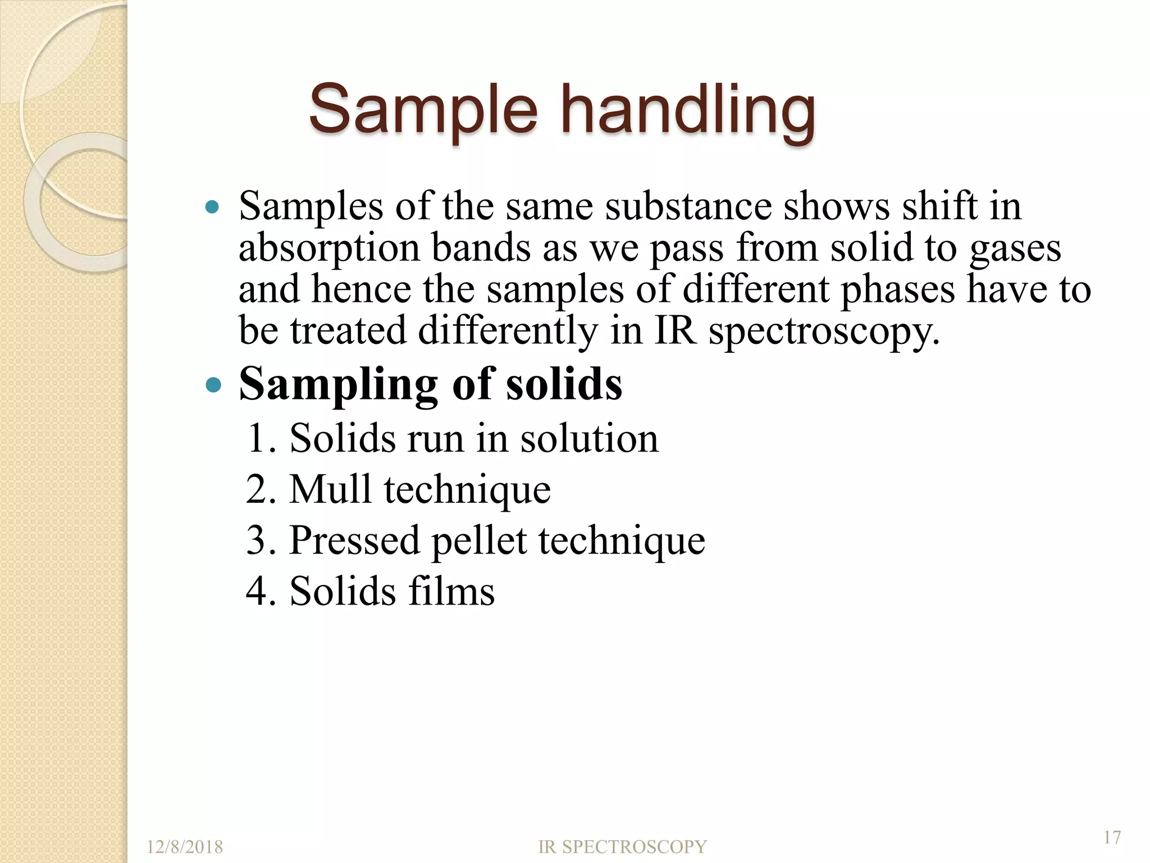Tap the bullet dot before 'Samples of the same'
[212, 207]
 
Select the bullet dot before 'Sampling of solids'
[213, 385]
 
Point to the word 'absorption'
[329, 248]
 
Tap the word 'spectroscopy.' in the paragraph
[824, 331]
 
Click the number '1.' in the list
[262, 438]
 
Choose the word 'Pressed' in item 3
[354, 540]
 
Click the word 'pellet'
[479, 540]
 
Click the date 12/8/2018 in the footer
[185, 847]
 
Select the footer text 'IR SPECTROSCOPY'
[622, 847]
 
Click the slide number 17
[1112, 837]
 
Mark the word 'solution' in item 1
[589, 438]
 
